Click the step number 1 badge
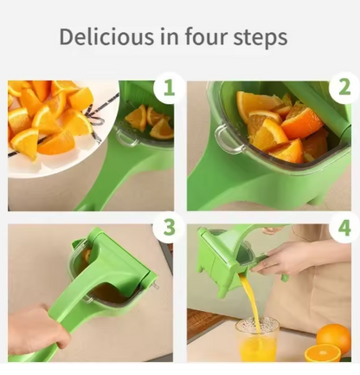168,89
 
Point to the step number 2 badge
344,87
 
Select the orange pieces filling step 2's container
277,126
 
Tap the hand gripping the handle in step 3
35,333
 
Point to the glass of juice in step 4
257,339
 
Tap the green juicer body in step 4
221,260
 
